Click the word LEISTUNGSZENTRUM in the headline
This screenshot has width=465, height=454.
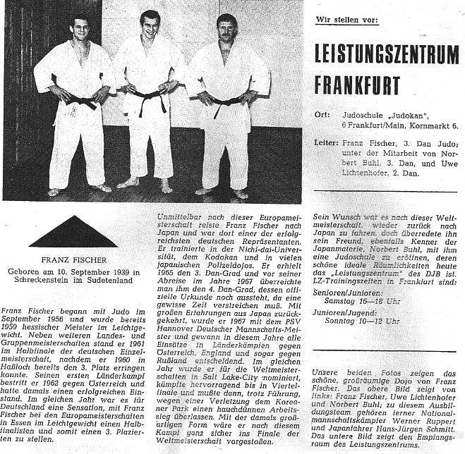click(x=387, y=54)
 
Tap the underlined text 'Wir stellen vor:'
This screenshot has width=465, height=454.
click(x=347, y=21)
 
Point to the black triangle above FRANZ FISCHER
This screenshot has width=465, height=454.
click(x=73, y=232)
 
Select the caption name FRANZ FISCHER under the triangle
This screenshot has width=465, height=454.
click(x=73, y=259)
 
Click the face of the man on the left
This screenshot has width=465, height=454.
click(x=80, y=31)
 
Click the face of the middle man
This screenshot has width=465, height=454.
click(x=150, y=25)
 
